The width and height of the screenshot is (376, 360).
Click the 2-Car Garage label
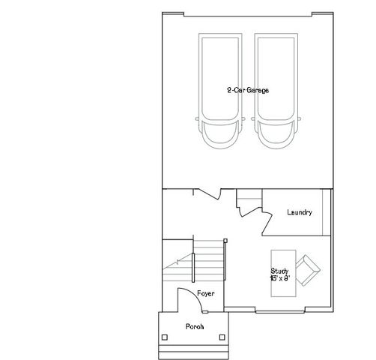point(248,90)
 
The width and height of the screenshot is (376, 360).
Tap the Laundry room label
point(299,213)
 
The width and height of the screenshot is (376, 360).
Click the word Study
point(279,271)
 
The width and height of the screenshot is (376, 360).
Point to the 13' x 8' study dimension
point(279,278)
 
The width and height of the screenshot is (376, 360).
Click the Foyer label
point(206,293)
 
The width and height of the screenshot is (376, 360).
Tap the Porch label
point(195,327)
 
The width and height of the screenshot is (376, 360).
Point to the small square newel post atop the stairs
point(225,241)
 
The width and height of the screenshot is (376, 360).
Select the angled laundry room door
point(264,222)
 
